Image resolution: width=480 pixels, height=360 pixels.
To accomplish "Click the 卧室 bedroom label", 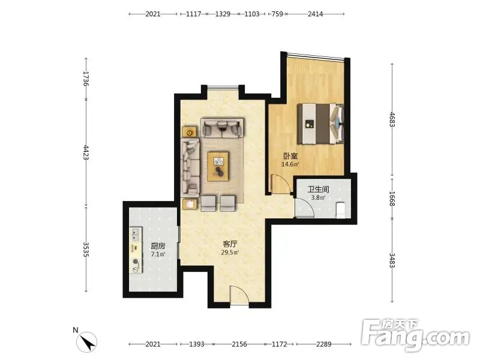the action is pos(290,156).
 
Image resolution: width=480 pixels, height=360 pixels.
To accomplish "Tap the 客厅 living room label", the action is pos(230,244).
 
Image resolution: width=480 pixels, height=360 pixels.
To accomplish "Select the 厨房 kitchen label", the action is pos(158,246).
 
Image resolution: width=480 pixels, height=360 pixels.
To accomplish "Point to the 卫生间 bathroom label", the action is pos(319,189).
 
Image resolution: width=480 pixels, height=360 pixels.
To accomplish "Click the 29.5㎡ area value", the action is pos(230,253).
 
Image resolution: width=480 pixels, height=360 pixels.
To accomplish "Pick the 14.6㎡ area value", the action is pos(290,164).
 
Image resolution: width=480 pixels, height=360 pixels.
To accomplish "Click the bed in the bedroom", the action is pos(320,124).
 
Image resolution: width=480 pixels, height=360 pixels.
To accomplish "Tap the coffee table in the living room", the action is pos(218,167).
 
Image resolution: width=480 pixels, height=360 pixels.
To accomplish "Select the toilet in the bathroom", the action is pos(341,211).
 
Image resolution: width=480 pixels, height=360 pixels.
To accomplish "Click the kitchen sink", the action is pos(135,234).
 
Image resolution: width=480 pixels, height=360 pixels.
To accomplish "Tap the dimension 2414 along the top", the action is pos(316,14).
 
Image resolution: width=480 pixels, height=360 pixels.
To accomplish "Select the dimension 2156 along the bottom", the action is pos(239,344).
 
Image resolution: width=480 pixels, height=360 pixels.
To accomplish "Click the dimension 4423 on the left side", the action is pos(86,153).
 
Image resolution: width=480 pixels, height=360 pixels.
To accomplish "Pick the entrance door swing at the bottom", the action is pos(239,295).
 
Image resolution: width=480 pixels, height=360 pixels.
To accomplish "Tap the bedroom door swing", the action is pos(281,184).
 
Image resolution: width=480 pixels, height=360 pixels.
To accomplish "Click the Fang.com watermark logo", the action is pos(415,335).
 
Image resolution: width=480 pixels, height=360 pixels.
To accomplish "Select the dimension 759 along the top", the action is pos(277,14).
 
